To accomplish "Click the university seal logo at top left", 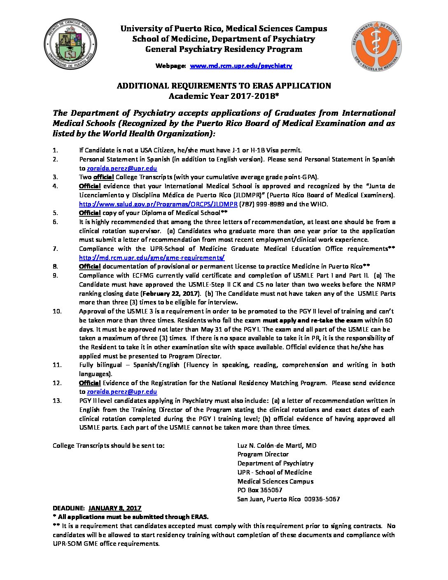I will click(70, 44).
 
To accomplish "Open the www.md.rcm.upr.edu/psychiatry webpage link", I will click(241, 66).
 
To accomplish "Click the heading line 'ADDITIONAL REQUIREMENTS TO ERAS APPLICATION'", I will click(224, 86).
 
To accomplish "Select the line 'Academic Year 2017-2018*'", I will click(224, 96).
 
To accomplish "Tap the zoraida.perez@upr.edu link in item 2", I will click(122, 168).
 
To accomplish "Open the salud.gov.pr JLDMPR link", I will click(158, 204).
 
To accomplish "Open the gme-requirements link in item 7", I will click(152, 257).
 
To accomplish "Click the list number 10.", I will click(57, 311).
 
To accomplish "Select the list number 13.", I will click(57, 400).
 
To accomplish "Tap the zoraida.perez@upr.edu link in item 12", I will click(122, 392).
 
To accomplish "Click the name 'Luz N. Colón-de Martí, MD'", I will click(277, 445).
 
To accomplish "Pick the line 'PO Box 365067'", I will click(260, 490).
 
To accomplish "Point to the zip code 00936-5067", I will click(322, 499).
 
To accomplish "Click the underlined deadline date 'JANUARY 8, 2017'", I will click(115, 508).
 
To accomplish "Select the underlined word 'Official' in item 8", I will click(90, 266).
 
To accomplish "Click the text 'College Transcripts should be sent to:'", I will click(109, 445).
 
